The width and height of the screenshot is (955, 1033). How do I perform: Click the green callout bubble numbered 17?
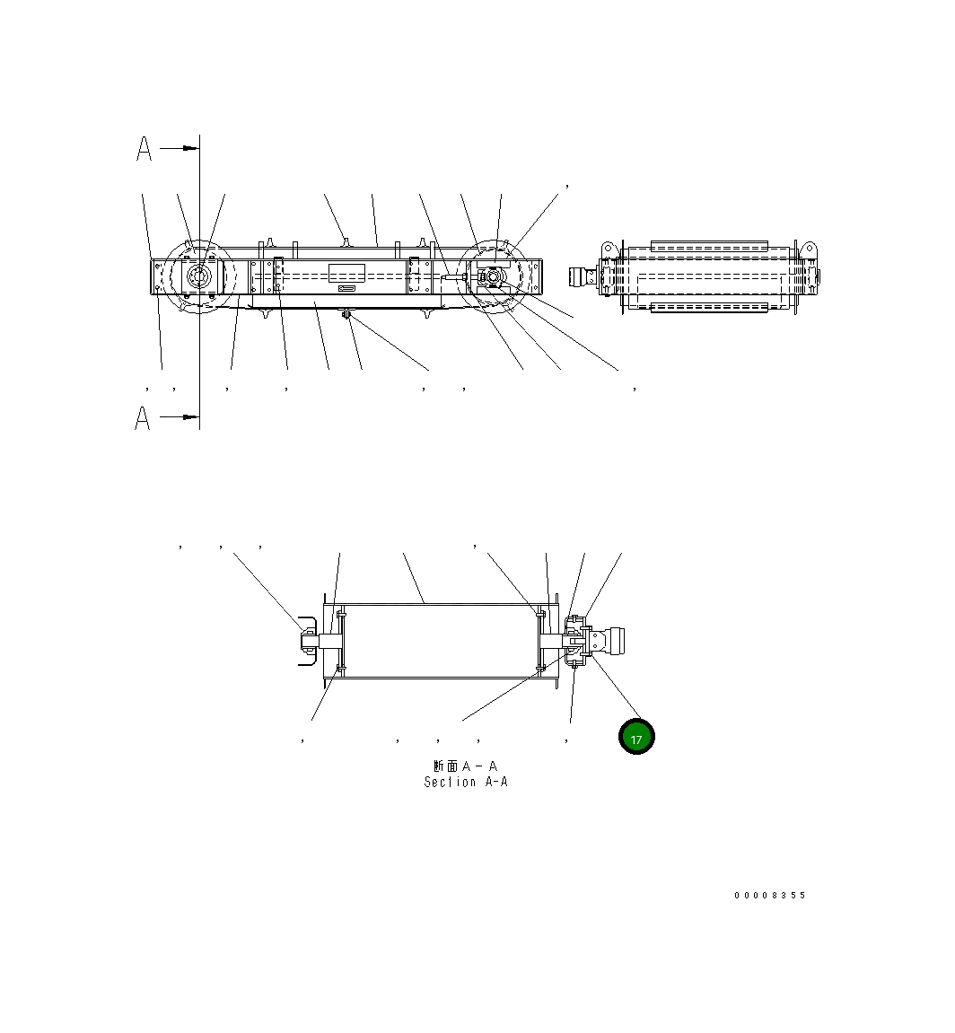(x=636, y=737)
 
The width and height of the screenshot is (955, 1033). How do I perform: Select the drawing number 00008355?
(x=769, y=896)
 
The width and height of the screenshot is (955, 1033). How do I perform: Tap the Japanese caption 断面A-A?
(x=465, y=766)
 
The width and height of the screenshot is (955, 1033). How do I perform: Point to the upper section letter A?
(x=144, y=149)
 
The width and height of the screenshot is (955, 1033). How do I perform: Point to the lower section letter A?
(x=143, y=418)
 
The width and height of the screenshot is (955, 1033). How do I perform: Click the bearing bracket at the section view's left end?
(x=307, y=641)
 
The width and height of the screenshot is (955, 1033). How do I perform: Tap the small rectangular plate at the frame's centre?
(x=346, y=273)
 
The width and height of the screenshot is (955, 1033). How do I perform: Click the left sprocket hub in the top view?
(x=198, y=278)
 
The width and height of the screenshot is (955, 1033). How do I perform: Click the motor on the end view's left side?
(x=583, y=277)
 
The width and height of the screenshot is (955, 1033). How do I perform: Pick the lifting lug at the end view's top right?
(x=808, y=247)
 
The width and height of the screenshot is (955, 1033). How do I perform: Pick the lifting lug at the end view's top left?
(x=608, y=247)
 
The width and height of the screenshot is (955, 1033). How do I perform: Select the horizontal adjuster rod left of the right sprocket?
(x=454, y=279)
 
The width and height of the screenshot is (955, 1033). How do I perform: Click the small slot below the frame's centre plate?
(x=346, y=289)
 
